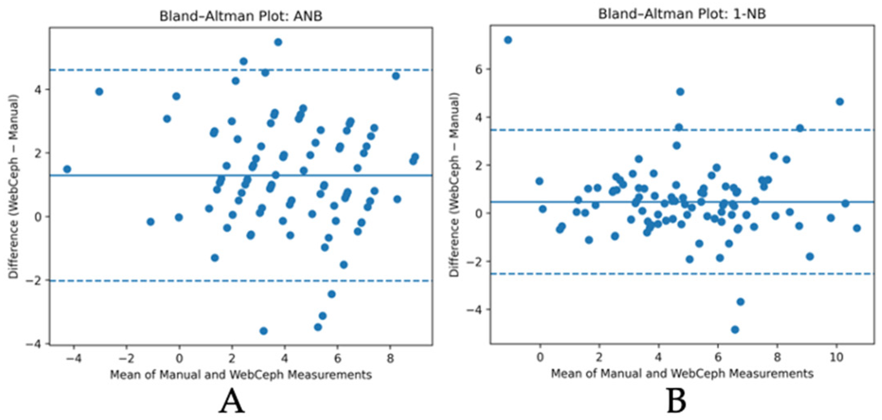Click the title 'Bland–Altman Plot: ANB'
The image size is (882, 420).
pos(241,16)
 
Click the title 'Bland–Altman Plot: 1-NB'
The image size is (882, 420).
pos(682,14)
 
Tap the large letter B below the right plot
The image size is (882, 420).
pos(676,401)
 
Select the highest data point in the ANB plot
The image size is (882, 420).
pos(278,42)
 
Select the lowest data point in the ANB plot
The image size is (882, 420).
pos(264,331)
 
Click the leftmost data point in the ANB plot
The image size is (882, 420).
pos(67,169)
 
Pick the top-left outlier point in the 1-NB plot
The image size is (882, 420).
pos(508,40)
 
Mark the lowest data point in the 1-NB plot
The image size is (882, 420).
pos(735,330)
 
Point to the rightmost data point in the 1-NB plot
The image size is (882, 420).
pos(856,228)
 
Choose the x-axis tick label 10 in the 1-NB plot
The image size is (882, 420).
pos(837,358)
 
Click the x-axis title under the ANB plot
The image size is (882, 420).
pos(241,375)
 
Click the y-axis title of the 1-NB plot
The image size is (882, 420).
pos(456,185)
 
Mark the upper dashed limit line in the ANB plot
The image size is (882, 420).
pos(241,70)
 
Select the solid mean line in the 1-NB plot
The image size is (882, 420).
pos(682,202)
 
